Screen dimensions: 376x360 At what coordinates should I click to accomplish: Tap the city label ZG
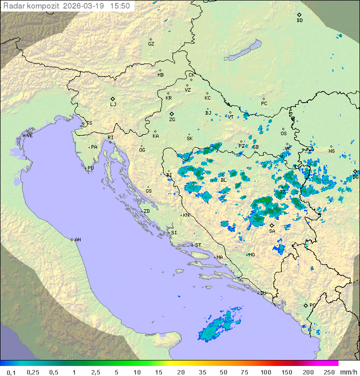pos(172,120)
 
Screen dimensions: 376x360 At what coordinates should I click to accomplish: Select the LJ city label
pos(113,105)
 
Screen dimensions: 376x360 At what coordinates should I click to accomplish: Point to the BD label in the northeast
pos(299,21)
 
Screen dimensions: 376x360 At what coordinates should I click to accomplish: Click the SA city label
pos(272,231)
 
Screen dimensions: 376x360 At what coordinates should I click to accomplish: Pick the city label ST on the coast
pos(198,245)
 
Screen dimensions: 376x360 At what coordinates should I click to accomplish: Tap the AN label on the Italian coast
pos(77,240)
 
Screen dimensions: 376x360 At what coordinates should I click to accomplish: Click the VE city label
pos(29,136)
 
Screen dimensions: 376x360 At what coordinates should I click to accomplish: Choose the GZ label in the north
pos(151,44)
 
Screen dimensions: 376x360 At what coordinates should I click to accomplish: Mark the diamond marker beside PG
pos(305,305)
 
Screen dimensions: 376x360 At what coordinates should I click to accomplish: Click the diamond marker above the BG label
pos(355,171)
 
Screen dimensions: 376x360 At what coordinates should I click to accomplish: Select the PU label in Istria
pos(90,168)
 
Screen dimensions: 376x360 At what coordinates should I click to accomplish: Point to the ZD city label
pos(146,211)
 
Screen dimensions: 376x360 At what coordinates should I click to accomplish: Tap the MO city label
pos(251,255)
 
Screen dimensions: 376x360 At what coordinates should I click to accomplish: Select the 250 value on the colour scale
pos(328,372)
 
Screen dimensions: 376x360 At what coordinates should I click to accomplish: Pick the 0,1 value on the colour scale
pos(11,372)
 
